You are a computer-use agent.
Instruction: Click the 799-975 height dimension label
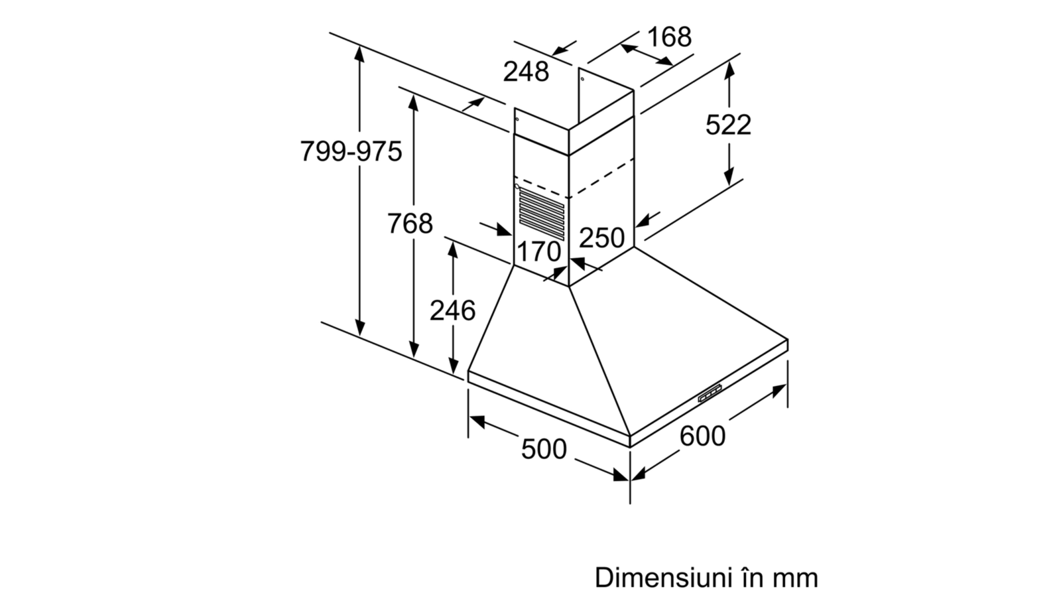pos(351,152)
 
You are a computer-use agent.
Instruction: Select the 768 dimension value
pos(410,224)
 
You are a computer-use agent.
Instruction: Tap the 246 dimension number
pos(452,310)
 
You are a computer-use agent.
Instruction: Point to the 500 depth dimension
pos(544,449)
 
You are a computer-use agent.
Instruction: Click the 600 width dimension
pos(702,435)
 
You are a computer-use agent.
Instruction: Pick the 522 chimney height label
pos(728,124)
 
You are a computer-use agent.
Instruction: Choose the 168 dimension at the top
pos(669,36)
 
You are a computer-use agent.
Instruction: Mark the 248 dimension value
pos(526,71)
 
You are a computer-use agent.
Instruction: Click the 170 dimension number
pos(539,252)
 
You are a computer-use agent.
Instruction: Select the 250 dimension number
pos(601,237)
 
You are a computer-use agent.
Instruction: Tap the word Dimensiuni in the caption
pos(664,578)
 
